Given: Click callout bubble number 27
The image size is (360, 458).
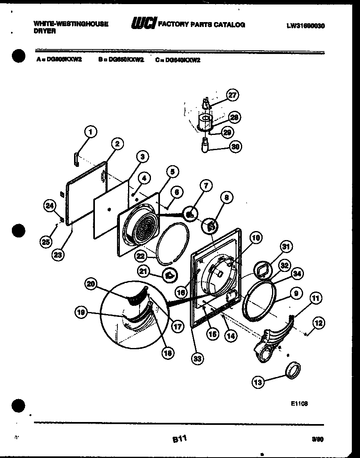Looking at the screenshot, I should [233, 95].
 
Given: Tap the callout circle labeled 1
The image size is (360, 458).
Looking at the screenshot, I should [91, 132].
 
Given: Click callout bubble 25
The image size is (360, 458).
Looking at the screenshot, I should [46, 242].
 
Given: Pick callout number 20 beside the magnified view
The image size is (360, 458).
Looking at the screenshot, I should [91, 285].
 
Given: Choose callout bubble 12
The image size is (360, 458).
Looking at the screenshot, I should [319, 323].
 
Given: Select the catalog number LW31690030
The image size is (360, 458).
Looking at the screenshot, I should [306, 25].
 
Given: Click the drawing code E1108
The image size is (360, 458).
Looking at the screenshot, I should [299, 403].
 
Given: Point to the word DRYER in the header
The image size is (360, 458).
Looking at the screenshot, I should [45, 31].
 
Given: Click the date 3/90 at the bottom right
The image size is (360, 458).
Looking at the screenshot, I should [317, 440].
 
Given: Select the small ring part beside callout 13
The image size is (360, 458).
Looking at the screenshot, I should [293, 370].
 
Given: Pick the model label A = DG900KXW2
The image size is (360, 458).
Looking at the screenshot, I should [59, 60].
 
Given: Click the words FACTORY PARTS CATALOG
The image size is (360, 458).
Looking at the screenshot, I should [201, 25].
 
